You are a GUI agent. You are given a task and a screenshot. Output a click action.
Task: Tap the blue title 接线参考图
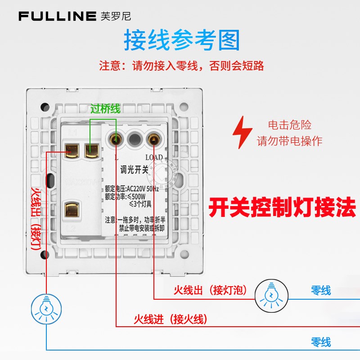coord(181,40)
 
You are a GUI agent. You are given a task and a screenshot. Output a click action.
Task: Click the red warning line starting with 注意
coord(181,66)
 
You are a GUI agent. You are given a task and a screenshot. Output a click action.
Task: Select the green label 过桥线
coord(105,108)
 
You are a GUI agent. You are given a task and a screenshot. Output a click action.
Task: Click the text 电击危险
coord(289,125)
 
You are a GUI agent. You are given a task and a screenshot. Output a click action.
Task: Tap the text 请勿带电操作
coord(289,141)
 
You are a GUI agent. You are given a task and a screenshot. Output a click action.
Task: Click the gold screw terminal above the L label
coord(117,139)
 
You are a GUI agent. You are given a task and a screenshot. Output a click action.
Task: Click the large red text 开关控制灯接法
coord(282,208)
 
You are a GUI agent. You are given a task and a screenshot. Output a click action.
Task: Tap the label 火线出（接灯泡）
coord(210,291)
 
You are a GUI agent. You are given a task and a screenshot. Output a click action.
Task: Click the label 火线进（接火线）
coord(171,319)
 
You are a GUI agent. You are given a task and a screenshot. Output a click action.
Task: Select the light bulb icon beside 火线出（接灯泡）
coord(271,295)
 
